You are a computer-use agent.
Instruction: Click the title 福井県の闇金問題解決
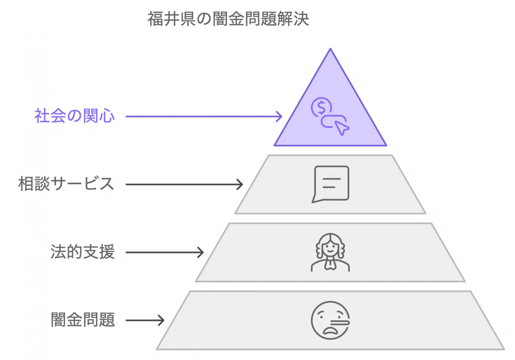(x=228, y=19)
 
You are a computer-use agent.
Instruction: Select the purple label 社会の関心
(x=75, y=117)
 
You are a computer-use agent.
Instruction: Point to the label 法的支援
(x=83, y=253)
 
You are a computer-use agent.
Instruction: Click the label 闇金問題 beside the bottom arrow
(x=83, y=321)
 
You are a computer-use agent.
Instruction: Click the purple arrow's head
(x=279, y=117)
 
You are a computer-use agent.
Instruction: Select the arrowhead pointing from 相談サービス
(x=240, y=185)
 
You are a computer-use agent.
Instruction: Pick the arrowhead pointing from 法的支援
(x=200, y=253)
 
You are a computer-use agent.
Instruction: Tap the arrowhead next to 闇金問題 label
(x=161, y=321)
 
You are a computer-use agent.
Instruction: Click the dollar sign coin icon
(x=321, y=107)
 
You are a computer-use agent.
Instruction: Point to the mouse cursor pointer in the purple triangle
(x=342, y=128)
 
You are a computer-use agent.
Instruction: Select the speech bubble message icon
(x=331, y=184)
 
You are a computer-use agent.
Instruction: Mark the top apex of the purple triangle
(x=330, y=49)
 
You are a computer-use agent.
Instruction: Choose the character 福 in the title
(x=155, y=19)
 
